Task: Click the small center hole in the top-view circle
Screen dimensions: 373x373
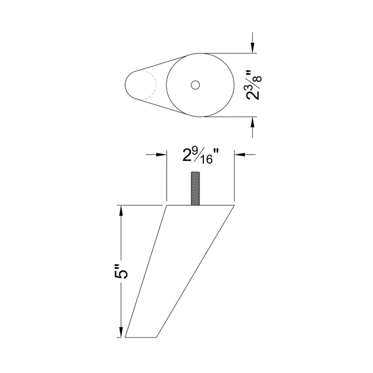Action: [195, 85]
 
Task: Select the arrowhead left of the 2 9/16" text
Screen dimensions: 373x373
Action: [162, 154]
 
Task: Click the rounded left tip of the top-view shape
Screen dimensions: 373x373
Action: [127, 85]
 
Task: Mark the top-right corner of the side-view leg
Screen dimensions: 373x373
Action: [234, 205]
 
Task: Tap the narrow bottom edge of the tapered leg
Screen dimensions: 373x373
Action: [141, 337]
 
